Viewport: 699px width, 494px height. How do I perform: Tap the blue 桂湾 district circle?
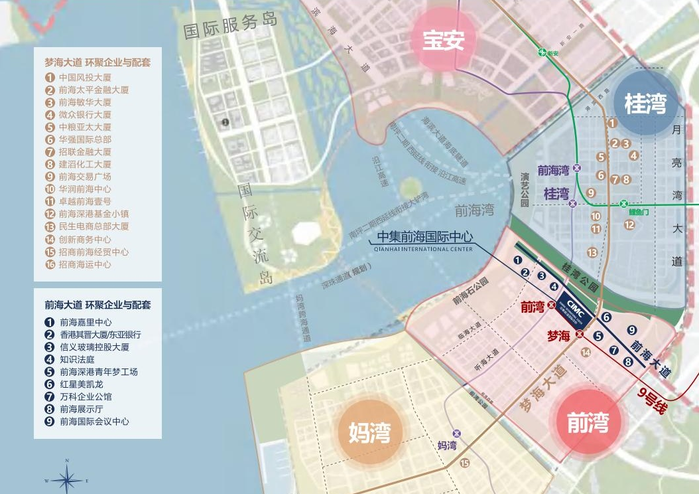[x=645, y=103]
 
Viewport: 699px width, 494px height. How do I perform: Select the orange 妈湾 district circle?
[x=370, y=432]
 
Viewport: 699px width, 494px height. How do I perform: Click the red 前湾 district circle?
[x=588, y=422]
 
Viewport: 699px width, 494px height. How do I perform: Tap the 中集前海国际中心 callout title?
[x=424, y=237]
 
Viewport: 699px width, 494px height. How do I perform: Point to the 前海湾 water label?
[x=474, y=210]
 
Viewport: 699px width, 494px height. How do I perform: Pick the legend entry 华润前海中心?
[x=85, y=189]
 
